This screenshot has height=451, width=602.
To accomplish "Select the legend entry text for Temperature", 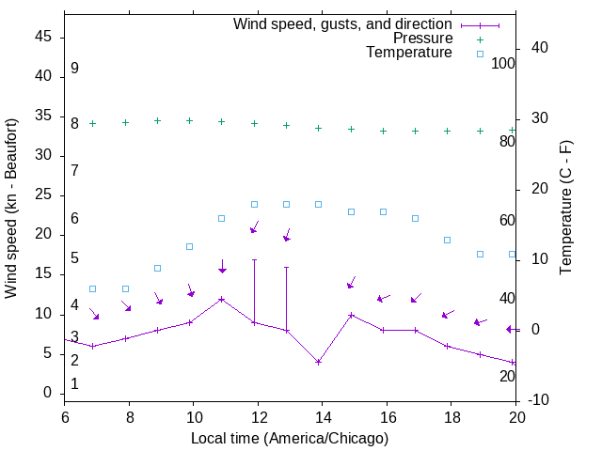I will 409,54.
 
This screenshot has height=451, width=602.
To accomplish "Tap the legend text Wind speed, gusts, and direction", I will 343,23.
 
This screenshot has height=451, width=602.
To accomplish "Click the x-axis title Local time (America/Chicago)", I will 290,438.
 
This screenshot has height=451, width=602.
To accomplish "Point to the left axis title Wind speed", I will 11,209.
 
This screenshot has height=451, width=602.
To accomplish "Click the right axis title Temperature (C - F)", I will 565,209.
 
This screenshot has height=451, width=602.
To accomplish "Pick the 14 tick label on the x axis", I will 322,415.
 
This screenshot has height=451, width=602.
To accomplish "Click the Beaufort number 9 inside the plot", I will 74,69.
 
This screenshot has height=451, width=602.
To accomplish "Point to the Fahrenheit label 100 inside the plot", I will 504,63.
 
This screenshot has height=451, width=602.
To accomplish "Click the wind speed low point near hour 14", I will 319,362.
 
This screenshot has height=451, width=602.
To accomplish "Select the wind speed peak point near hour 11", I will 222,299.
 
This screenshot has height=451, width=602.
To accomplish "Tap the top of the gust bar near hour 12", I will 254,259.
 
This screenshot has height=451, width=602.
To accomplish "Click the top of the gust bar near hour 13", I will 286,267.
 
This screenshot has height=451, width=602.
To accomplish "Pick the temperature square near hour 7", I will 93,288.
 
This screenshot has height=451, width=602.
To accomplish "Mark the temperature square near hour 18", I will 448,240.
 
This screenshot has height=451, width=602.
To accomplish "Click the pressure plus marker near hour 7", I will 93,123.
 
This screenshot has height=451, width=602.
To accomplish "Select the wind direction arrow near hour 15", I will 351,283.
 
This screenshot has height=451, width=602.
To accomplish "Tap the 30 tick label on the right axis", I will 526,117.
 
